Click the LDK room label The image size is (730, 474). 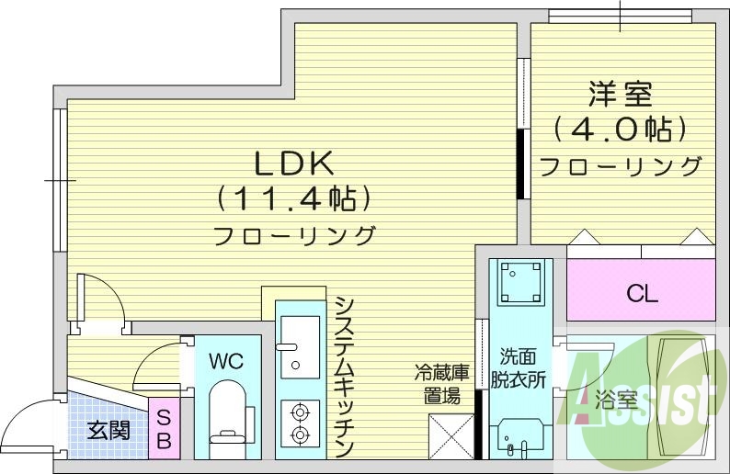pos(293,164)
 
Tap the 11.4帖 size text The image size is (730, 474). pos(293,198)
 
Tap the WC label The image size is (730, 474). pos(226,361)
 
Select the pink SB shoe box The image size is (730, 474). pos(164,429)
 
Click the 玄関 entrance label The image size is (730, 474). pos(108,429)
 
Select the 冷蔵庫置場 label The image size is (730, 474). pos(441,384)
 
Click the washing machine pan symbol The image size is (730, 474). pos(520,283)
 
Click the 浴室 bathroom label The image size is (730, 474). pos(616,400)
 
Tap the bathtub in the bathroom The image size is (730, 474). pos(682,395)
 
